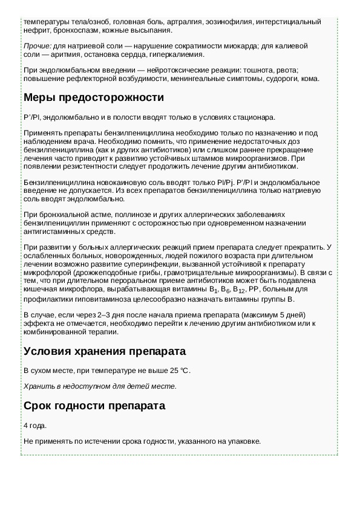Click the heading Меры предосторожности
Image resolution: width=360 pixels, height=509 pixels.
pyautogui.click(x=93, y=97)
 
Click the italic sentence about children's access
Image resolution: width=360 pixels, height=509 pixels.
pyautogui.click(x=100, y=386)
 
